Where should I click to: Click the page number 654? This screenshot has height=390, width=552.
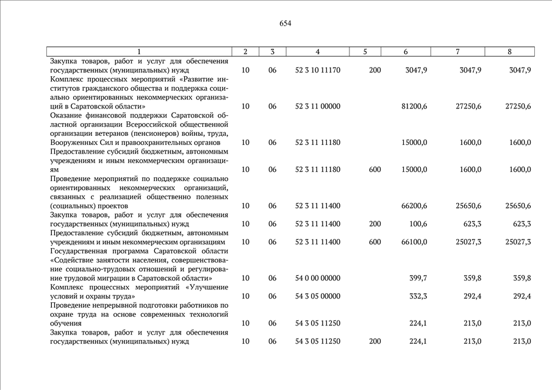285,24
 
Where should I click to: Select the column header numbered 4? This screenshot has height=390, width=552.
318,52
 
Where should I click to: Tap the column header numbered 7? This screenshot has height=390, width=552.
457,52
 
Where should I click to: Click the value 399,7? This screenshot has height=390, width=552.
418,278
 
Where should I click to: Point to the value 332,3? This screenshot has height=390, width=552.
418,296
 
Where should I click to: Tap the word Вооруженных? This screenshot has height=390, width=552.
73,143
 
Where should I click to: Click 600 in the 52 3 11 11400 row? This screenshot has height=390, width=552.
375,242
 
